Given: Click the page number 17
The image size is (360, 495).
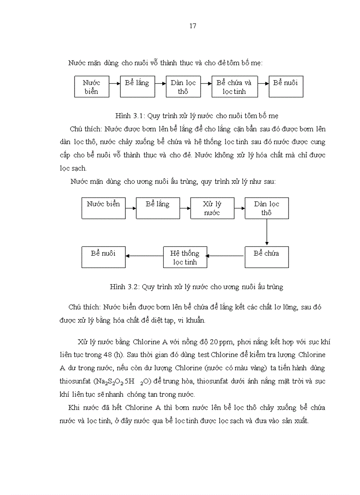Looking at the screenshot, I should click(x=192, y=26).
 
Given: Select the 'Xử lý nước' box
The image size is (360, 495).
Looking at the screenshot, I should click(x=212, y=208).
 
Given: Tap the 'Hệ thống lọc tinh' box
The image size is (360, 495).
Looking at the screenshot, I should click(x=184, y=257).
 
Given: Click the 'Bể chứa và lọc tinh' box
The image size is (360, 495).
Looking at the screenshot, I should click(x=234, y=87).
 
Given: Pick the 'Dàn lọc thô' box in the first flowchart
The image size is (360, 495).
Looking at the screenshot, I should click(x=183, y=87).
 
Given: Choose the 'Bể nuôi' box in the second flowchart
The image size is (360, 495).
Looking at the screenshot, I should click(x=104, y=257).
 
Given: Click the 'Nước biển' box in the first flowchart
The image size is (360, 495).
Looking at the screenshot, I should click(x=91, y=87).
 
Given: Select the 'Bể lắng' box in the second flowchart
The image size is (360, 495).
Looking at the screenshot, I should click(x=157, y=208).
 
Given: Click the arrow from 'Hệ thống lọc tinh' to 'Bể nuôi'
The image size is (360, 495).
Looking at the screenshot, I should click(x=144, y=255).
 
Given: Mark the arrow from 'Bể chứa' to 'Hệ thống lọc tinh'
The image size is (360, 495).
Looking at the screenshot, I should click(x=226, y=255).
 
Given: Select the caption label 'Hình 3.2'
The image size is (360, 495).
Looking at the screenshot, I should click(x=124, y=287).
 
